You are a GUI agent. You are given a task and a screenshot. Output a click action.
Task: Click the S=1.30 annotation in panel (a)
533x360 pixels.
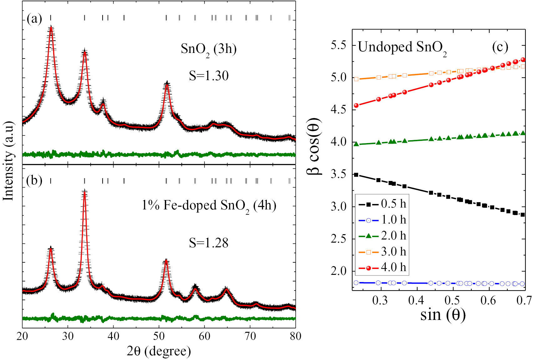(209, 76)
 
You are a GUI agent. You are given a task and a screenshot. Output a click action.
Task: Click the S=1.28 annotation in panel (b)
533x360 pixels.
(209, 243)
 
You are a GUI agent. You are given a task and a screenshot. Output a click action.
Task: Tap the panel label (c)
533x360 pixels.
(500, 47)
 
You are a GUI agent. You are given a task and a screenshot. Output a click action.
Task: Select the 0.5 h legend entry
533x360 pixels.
(382, 204)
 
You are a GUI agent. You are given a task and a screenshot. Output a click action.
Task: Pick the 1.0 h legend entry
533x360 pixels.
(382, 220)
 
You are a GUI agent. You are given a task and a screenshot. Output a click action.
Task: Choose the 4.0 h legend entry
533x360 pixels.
(382, 268)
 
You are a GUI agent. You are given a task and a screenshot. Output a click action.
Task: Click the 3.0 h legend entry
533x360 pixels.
(382, 252)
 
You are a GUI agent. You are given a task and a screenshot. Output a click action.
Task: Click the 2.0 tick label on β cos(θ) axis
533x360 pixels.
(338, 271)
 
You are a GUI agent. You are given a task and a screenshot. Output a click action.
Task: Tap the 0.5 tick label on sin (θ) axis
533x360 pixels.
(452, 301)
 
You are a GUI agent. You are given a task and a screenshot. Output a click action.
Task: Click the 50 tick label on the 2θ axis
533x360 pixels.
(159, 337)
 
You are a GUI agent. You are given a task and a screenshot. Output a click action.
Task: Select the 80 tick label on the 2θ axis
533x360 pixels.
(295, 337)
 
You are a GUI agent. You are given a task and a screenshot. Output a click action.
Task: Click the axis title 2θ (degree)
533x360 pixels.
(159, 351)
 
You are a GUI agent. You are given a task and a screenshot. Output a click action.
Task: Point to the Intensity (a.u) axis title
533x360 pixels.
(9, 161)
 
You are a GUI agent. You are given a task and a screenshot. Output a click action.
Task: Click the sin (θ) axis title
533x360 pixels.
(443, 315)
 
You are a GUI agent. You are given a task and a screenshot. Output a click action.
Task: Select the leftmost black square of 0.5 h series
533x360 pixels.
(356, 175)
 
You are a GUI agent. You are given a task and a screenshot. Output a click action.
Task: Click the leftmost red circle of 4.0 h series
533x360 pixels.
(356, 106)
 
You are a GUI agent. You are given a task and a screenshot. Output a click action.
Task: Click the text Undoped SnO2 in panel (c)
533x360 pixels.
(402, 48)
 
